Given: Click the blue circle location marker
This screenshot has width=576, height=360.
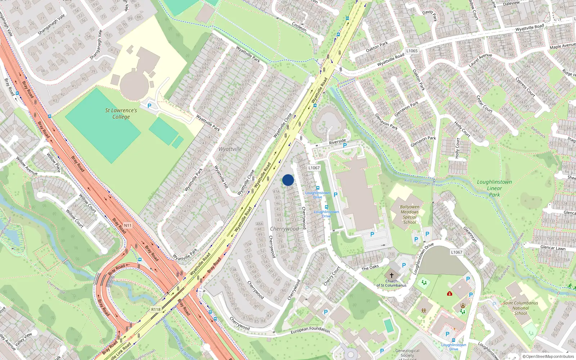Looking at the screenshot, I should pyautogui.click(x=288, y=180).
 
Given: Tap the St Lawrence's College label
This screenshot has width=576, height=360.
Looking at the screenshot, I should pyautogui.click(x=121, y=113).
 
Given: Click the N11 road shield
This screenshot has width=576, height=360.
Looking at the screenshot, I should pyautogui.click(x=128, y=225).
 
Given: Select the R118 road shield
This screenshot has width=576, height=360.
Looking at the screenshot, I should pyautogui.click(x=156, y=309).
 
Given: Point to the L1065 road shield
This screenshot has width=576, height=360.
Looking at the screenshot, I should pyautogui.click(x=412, y=51).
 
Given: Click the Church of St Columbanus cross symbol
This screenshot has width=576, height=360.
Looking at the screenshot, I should pyautogui.click(x=392, y=275).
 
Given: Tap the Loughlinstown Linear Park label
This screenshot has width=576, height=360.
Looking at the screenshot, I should pyautogui.click(x=494, y=188).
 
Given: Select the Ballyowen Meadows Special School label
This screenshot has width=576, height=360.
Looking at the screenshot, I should pyautogui.click(x=410, y=215).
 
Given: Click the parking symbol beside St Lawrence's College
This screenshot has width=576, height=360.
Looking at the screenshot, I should pyautogui.click(x=149, y=106).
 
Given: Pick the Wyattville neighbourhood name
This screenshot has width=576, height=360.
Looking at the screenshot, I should pyautogui.click(x=230, y=149).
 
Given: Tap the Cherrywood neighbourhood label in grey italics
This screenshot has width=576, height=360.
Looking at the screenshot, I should pyautogui.click(x=284, y=229).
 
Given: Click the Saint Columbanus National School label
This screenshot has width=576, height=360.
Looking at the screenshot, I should pyautogui.click(x=521, y=308).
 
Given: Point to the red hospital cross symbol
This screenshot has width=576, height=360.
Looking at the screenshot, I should pyautogui.click(x=449, y=293).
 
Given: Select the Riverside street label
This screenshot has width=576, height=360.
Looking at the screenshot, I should pyautogui.click(x=337, y=141).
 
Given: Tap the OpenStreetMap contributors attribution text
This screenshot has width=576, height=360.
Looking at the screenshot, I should pyautogui.click(x=548, y=356).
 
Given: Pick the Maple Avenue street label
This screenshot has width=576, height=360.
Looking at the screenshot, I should pyautogui.click(x=562, y=46).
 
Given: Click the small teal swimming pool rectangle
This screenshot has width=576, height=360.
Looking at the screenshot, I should pyautogui.click(x=388, y=326).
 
